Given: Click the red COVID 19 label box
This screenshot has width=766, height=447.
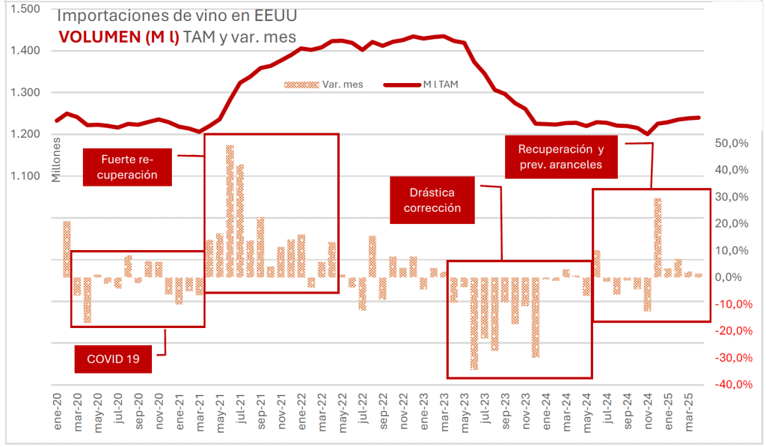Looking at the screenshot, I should (x=113, y=359).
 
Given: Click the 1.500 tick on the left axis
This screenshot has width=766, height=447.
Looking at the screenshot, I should (x=26, y=9).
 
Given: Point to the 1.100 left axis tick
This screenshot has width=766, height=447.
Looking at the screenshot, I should (x=26, y=177).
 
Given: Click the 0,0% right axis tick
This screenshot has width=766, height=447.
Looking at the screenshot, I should (x=733, y=278).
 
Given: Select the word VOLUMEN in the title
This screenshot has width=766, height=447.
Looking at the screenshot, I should (x=96, y=37).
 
